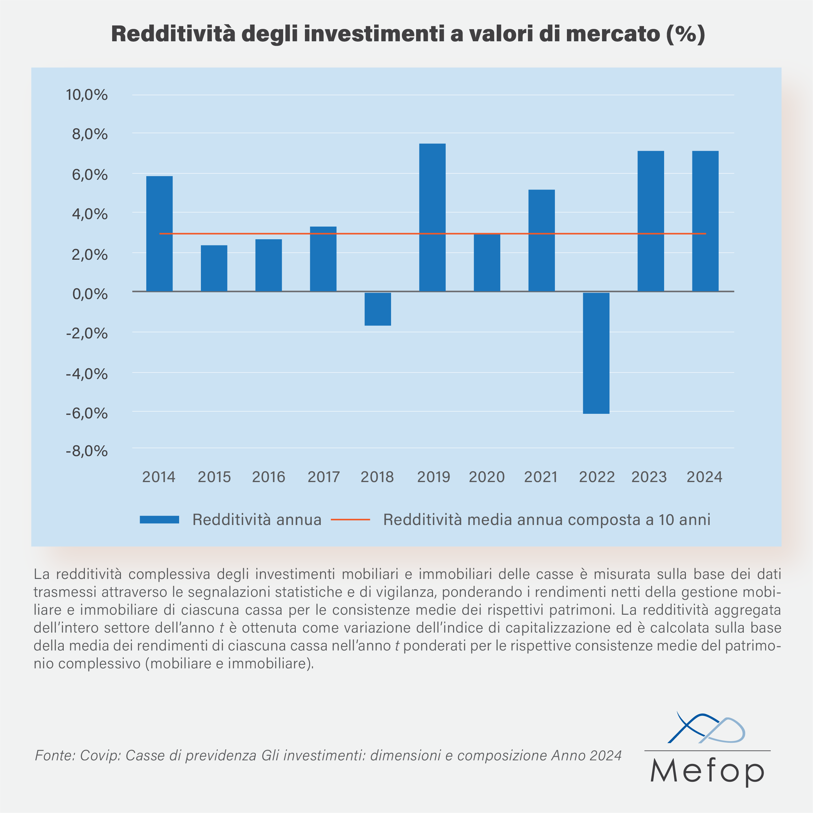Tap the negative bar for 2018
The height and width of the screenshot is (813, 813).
pyautogui.click(x=377, y=309)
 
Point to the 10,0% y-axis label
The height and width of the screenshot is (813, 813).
pyautogui.click(x=87, y=95)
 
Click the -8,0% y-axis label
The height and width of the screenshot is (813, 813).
pyautogui.click(x=87, y=451)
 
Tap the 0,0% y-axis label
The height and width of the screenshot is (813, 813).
pyautogui.click(x=90, y=294)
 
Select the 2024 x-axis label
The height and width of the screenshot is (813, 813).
pyautogui.click(x=704, y=477)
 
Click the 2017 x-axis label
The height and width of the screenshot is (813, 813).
pyautogui.click(x=323, y=477)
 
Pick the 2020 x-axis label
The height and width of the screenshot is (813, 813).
pyautogui.click(x=486, y=477)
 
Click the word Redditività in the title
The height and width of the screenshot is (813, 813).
pyautogui.click(x=173, y=34)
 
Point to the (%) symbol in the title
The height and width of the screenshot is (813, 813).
pyautogui.click(x=685, y=34)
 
